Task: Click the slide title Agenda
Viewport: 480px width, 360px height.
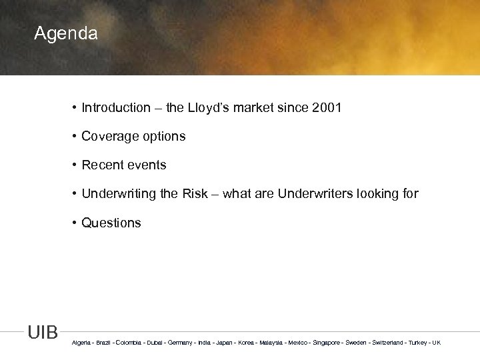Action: pyautogui.click(x=66, y=33)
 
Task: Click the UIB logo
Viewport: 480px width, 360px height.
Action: pyautogui.click(x=43, y=333)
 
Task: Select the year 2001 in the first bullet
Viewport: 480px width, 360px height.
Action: pyautogui.click(x=326, y=107)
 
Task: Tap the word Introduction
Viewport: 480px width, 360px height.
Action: pyautogui.click(x=116, y=107)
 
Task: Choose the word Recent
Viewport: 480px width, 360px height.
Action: pyautogui.click(x=101, y=165)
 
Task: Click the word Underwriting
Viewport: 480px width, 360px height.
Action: pyautogui.click(x=119, y=194)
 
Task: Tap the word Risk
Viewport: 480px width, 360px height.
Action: pyautogui.click(x=197, y=194)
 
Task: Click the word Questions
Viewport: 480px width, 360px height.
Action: pyautogui.click(x=111, y=223)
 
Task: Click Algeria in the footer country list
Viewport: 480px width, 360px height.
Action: pyautogui.click(x=82, y=343)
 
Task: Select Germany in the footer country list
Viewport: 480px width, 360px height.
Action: pyautogui.click(x=180, y=343)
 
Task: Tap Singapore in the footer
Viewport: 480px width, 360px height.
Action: pyautogui.click(x=325, y=343)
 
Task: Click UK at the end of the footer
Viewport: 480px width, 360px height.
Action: pyautogui.click(x=436, y=343)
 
